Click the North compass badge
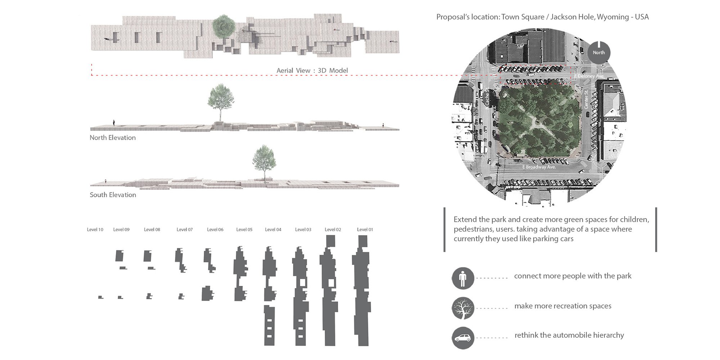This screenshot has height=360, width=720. coord(599,53)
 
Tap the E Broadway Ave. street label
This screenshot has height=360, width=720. coord(539,167)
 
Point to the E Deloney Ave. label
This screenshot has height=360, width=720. coord(589,76)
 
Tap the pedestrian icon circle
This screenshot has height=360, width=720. coord(463,278)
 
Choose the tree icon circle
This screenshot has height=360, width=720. coord(463,308)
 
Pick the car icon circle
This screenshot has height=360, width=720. coord(463,338)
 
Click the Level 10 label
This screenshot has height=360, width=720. coord(95,229)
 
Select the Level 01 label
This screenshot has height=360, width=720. coord(365,229)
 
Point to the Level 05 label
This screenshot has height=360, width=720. coord(244,229)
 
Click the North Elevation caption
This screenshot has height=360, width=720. coord(113,138)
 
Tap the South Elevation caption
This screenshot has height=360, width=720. coord(113,195)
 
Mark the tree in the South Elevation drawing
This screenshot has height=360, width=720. coord(265,162)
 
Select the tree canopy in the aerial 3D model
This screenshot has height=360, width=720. coord(224,26)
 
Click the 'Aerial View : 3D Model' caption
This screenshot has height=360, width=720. coord(312,71)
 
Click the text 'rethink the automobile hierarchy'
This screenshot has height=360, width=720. coord(569,335)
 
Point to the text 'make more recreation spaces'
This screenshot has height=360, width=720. coord(563,306)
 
